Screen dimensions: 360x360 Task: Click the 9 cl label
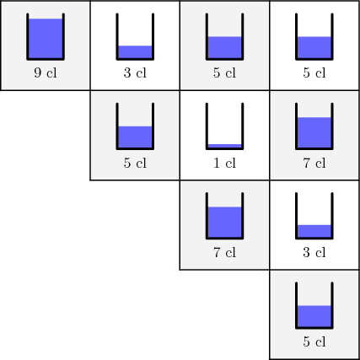click(46, 73)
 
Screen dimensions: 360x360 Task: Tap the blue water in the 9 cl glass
click(46, 39)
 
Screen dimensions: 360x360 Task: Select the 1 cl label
click(224, 163)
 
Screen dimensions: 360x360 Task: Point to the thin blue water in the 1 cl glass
click(224, 146)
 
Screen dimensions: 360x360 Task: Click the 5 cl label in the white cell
click(314, 73)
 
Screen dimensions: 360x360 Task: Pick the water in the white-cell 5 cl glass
click(314, 47)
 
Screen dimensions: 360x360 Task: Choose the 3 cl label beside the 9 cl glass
click(135, 73)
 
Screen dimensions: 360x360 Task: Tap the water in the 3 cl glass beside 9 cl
click(135, 52)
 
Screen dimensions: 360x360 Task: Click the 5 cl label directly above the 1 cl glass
click(224, 73)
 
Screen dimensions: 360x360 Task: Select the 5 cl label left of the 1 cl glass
click(135, 163)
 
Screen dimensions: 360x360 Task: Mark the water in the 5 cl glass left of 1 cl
click(135, 137)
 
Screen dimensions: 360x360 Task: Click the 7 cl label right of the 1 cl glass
click(314, 163)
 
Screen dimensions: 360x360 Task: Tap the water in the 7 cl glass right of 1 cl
click(314, 132)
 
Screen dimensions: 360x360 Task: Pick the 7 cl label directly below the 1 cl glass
click(224, 252)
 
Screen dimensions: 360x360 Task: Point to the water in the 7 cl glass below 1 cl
click(224, 222)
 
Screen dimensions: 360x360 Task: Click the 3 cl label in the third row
click(314, 252)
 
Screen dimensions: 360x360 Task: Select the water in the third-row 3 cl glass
click(314, 231)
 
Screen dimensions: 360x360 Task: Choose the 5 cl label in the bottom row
click(314, 341)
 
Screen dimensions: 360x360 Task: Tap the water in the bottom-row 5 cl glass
click(314, 316)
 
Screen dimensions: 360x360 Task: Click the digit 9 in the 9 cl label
click(38, 73)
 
